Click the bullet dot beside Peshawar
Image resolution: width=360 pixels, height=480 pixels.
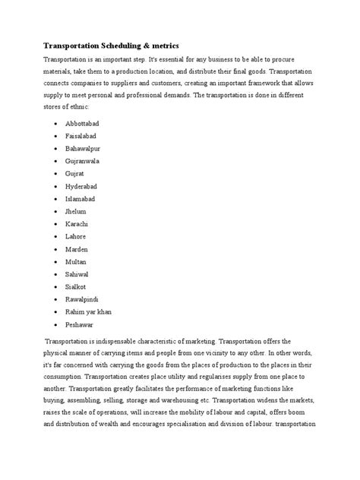tap(58, 326)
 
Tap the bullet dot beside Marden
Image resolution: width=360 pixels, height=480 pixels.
tap(58, 249)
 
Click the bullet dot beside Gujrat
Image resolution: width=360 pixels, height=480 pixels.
tap(58, 173)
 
